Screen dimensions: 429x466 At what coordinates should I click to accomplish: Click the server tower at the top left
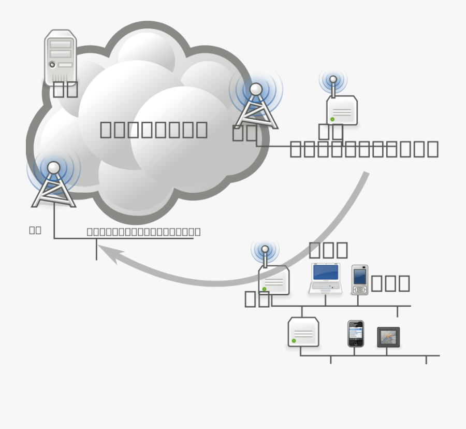(61, 56)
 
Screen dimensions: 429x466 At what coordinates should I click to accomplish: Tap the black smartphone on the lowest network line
(355, 333)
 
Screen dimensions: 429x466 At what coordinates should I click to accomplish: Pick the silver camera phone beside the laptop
(360, 280)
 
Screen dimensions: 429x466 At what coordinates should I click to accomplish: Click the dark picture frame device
(388, 337)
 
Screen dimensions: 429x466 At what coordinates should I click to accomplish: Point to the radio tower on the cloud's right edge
(256, 106)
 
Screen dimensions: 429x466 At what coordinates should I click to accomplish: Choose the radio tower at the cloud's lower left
(54, 184)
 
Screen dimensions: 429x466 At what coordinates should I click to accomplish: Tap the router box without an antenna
(303, 332)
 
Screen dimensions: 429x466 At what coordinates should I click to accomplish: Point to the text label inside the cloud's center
(153, 130)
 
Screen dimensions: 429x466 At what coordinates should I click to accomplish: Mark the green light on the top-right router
(332, 119)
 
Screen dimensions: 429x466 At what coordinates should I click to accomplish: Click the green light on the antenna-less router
(294, 340)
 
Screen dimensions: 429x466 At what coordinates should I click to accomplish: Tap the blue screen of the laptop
(326, 273)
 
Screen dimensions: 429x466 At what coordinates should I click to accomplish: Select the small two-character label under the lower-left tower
(35, 230)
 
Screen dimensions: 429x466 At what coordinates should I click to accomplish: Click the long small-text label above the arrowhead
(143, 232)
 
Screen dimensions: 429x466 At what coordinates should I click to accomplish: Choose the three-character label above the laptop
(328, 250)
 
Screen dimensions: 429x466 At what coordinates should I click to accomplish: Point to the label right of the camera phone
(390, 283)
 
